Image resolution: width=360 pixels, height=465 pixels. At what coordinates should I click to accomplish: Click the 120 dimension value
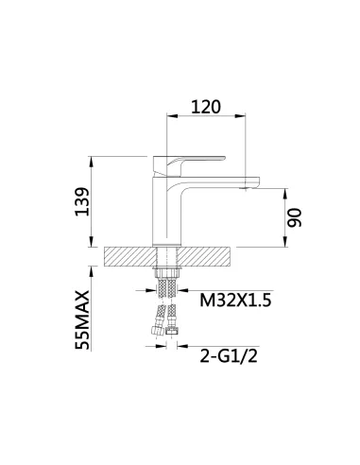click(x=206, y=107)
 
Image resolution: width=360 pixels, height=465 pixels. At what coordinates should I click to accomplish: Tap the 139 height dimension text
click(x=82, y=201)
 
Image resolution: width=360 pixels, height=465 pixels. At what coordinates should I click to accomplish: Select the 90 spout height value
click(x=295, y=217)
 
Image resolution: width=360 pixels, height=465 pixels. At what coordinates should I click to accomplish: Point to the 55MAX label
click(x=82, y=319)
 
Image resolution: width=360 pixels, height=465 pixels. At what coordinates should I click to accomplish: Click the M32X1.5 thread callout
click(x=235, y=301)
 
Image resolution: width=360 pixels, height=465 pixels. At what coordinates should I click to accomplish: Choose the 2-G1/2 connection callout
click(x=229, y=356)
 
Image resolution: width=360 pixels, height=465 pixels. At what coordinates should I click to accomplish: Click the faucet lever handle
click(x=188, y=165)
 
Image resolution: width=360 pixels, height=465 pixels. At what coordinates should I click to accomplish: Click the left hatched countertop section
click(x=130, y=256)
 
